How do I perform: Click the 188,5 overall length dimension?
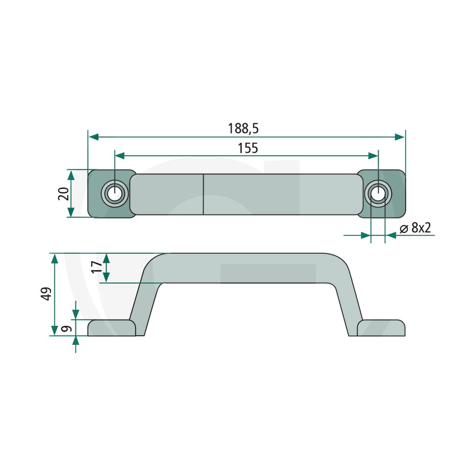tap(243, 128)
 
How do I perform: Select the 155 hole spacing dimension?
tap(248, 148)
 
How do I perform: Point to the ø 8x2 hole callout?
tap(415, 228)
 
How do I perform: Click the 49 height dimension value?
tap(46, 294)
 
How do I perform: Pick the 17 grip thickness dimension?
tap(96, 267)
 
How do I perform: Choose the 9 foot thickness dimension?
tap(66, 329)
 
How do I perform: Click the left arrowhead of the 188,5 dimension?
tap(94, 137)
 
